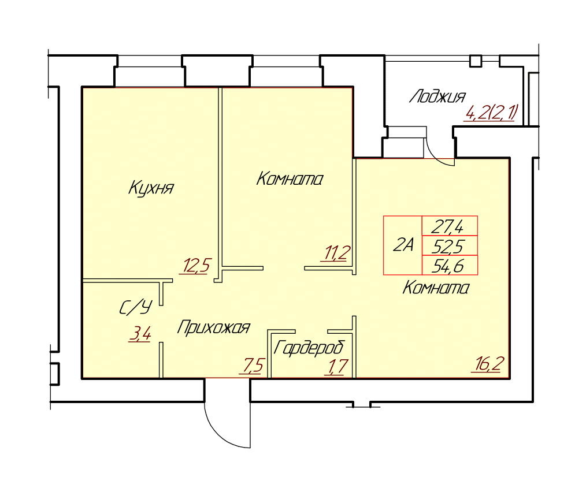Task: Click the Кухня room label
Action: [151, 188]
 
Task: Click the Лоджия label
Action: [437, 96]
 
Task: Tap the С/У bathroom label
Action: [136, 308]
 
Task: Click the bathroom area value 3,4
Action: [140, 334]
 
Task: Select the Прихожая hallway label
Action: [213, 327]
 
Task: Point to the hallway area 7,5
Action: [254, 366]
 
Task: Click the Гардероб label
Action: [309, 348]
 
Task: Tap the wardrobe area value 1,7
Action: [338, 366]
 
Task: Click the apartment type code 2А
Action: [403, 245]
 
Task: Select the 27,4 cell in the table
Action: [450, 226]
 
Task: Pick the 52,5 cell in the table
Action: [450, 245]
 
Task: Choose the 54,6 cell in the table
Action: [450, 265]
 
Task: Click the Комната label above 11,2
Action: [290, 179]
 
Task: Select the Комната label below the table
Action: [436, 288]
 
